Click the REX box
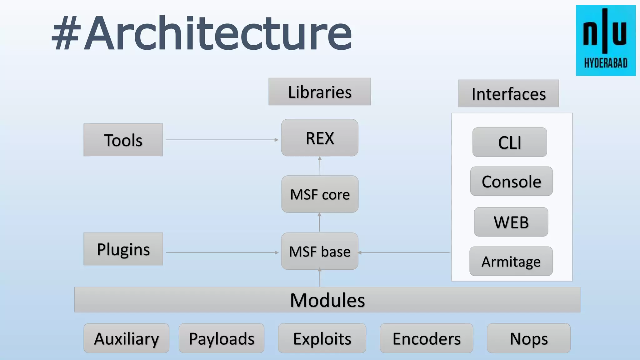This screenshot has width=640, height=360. [x=319, y=138]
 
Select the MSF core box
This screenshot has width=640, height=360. [x=320, y=194]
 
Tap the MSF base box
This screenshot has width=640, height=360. [x=319, y=251]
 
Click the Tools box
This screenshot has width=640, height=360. [x=123, y=140]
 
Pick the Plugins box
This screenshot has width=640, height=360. [x=123, y=249]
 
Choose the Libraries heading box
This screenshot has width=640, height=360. [x=319, y=92]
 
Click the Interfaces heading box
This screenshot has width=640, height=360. [x=508, y=93]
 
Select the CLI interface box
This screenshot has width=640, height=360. [x=509, y=142]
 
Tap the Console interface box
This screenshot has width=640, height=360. [x=511, y=181]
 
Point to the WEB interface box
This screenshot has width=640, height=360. [x=511, y=222]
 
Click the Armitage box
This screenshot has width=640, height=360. [x=511, y=261]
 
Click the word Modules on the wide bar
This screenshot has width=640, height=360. [x=327, y=300]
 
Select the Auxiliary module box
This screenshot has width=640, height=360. [x=126, y=338]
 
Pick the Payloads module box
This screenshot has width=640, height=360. [x=222, y=338]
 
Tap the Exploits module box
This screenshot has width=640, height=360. [x=322, y=338]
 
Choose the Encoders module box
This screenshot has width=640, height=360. [x=426, y=338]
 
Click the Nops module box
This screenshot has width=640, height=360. [x=528, y=338]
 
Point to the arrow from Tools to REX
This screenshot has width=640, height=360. [x=222, y=140]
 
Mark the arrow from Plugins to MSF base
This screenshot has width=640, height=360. [x=222, y=252]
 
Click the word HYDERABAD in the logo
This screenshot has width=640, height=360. [x=606, y=63]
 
